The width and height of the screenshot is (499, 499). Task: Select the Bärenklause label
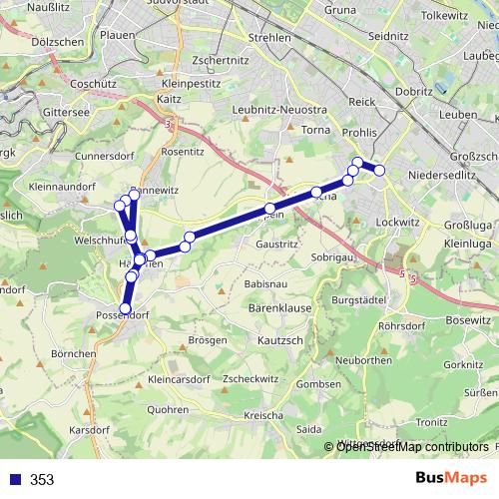(x=273, y=308)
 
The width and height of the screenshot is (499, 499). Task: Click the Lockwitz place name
(x=396, y=222)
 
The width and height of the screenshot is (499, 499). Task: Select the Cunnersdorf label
(x=105, y=157)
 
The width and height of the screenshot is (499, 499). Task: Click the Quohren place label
(x=168, y=409)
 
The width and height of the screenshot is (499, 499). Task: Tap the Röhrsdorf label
(x=404, y=325)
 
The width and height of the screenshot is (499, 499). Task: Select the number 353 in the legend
(x=42, y=480)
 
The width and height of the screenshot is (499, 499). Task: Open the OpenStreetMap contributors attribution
(x=412, y=447)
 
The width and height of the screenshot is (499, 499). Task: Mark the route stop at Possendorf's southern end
(x=126, y=308)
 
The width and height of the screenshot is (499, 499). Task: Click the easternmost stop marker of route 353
(x=380, y=171)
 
